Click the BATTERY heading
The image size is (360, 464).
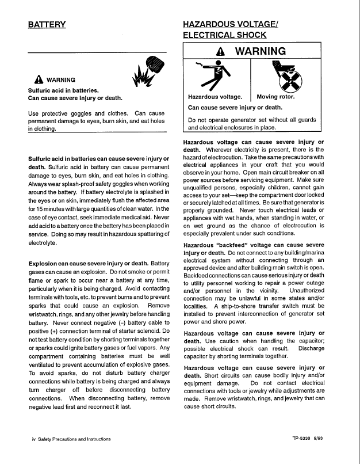[47, 25]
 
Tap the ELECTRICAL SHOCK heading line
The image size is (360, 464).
[224, 35]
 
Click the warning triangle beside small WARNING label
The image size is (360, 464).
[39, 80]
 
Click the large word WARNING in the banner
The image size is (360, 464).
[261, 51]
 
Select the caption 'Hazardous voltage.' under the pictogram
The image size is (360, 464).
[215, 97]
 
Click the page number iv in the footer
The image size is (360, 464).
[33, 439]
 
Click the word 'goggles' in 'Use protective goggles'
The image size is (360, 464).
[76, 114]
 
